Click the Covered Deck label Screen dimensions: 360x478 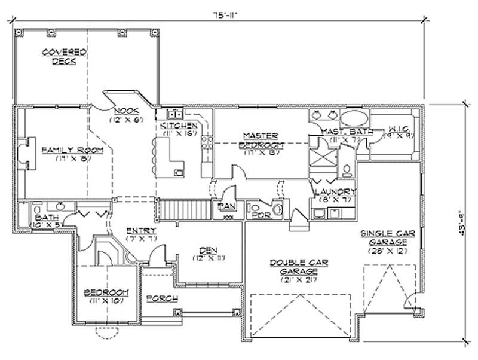point(65,57)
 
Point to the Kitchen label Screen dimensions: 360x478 point(179,126)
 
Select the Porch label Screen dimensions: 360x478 point(161,297)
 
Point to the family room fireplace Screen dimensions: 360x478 point(23,151)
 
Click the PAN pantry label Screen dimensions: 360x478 point(227,206)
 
